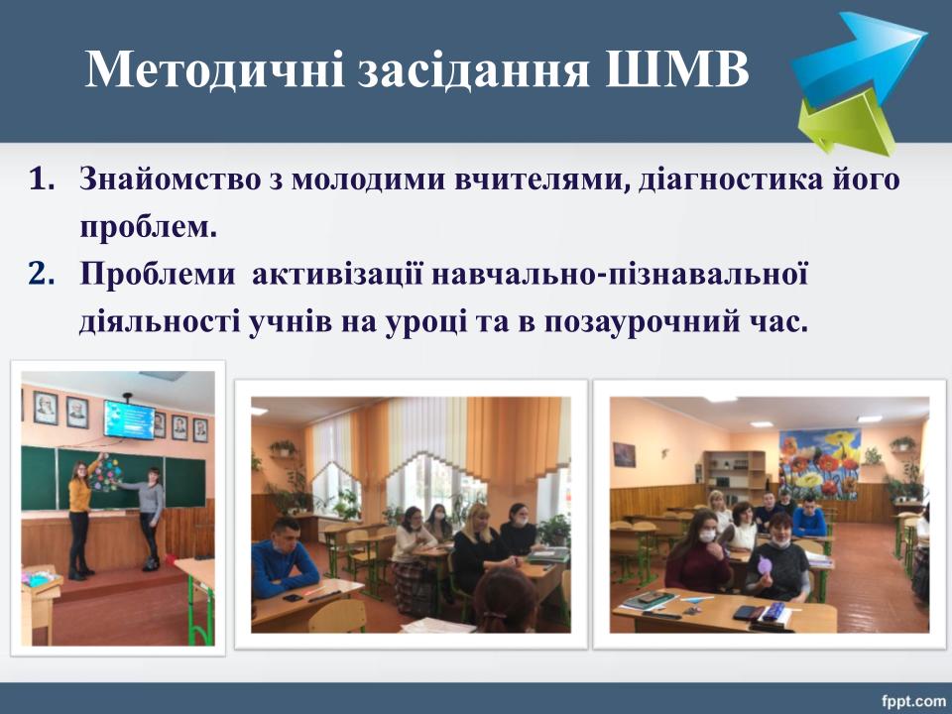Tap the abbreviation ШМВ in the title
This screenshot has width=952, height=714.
click(x=677, y=68)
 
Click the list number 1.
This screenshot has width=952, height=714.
click(x=42, y=179)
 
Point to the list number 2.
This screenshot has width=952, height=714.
click(x=42, y=274)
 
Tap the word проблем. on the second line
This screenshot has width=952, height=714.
click(x=148, y=228)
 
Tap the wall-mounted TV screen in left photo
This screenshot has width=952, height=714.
click(x=129, y=418)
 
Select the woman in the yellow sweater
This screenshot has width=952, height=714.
click(x=80, y=518)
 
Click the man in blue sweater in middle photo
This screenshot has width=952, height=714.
click(x=285, y=559)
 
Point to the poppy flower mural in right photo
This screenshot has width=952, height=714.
click(x=820, y=463)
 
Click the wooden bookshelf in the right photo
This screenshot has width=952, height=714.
click(x=734, y=477)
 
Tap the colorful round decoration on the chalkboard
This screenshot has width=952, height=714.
click(x=105, y=473)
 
